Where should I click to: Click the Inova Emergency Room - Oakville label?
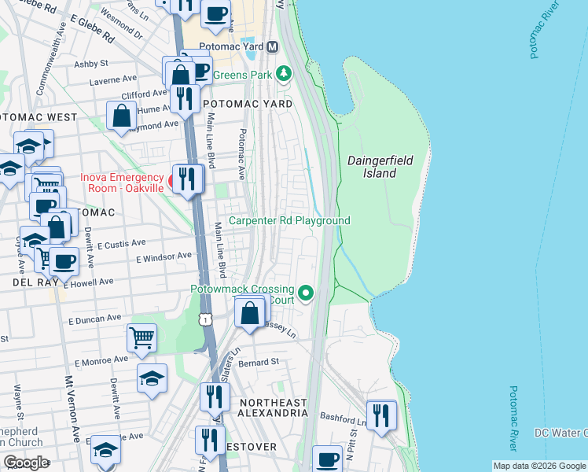[123, 182]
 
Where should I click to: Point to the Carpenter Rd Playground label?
[289, 221]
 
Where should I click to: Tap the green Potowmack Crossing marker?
[306, 294]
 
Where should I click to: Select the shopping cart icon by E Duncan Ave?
[142, 338]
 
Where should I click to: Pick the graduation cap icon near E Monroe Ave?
[152, 378]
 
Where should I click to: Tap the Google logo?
[26, 463]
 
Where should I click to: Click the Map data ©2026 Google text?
[539, 465]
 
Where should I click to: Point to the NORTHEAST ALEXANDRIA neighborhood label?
[273, 407]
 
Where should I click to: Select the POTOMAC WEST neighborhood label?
[39, 117]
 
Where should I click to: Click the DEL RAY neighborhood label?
[31, 281]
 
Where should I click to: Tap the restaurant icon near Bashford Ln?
[381, 415]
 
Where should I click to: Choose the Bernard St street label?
[259, 363]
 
